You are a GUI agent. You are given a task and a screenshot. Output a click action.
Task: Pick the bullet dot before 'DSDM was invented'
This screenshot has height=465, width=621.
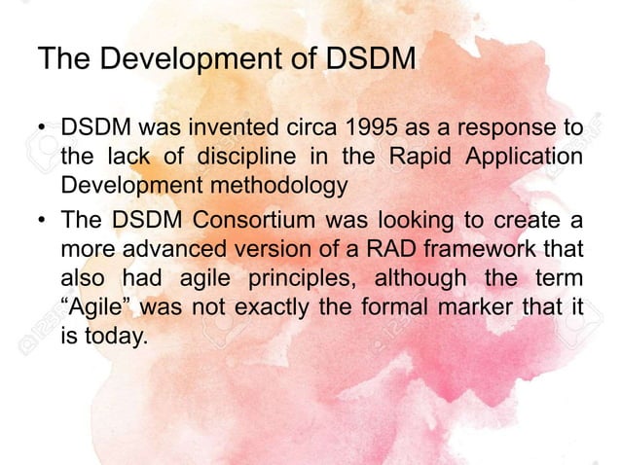click(x=44, y=130)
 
